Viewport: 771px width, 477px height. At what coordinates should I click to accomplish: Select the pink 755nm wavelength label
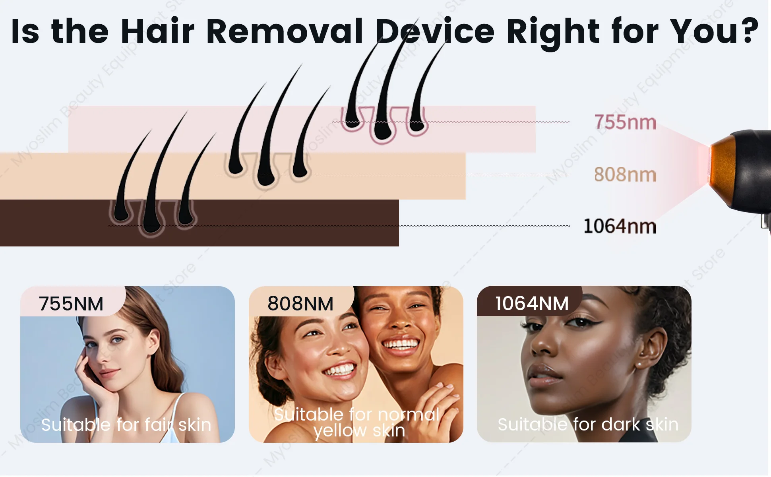[x=625, y=122]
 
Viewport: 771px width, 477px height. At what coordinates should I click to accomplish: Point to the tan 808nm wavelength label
[x=625, y=175]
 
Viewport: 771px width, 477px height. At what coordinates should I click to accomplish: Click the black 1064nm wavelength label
[x=620, y=226]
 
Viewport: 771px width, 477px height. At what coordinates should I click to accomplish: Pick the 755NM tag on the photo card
[x=71, y=304]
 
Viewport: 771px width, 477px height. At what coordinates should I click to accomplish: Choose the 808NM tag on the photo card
[x=300, y=304]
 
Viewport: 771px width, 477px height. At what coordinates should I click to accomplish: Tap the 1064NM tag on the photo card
[x=532, y=304]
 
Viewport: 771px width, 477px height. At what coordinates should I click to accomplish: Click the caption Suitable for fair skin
[x=126, y=425]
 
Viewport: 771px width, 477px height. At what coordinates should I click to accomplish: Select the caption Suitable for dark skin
[x=588, y=425]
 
